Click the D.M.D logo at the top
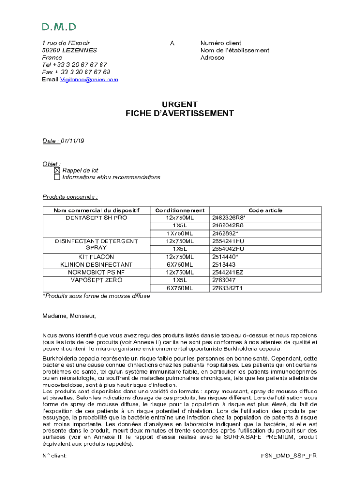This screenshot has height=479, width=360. [x=59, y=27]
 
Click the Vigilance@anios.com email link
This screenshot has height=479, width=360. [x=89, y=80]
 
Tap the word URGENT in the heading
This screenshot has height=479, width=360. [x=180, y=104]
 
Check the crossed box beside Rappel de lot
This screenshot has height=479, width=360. [x=57, y=171]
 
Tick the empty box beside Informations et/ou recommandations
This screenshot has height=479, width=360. [x=57, y=177]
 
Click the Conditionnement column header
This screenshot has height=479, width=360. [x=180, y=210]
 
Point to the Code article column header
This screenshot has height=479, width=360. [x=266, y=210]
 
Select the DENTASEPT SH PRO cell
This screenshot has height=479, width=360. [x=97, y=218]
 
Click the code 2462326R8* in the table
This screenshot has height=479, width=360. [x=229, y=218]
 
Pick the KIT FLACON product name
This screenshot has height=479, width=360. [x=96, y=257]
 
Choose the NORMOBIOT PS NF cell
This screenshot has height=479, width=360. [x=96, y=272]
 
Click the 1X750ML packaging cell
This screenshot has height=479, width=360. [x=180, y=233]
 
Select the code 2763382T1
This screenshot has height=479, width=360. [x=228, y=288]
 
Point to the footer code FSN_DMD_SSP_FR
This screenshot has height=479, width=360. [x=288, y=455]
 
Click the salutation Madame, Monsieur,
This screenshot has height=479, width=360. [x=69, y=316]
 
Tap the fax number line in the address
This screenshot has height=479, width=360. [x=76, y=72]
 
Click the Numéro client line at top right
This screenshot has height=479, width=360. [x=221, y=43]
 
